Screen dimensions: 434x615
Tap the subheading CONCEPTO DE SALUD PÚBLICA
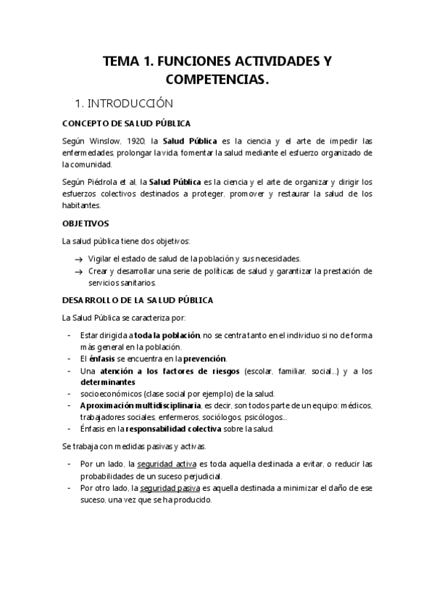click(x=127, y=123)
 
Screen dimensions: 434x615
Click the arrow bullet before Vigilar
click(x=78, y=259)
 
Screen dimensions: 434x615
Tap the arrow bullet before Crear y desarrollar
click(x=78, y=271)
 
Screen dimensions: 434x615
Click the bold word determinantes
click(x=108, y=381)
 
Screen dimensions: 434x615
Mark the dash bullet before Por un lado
click(x=68, y=464)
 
